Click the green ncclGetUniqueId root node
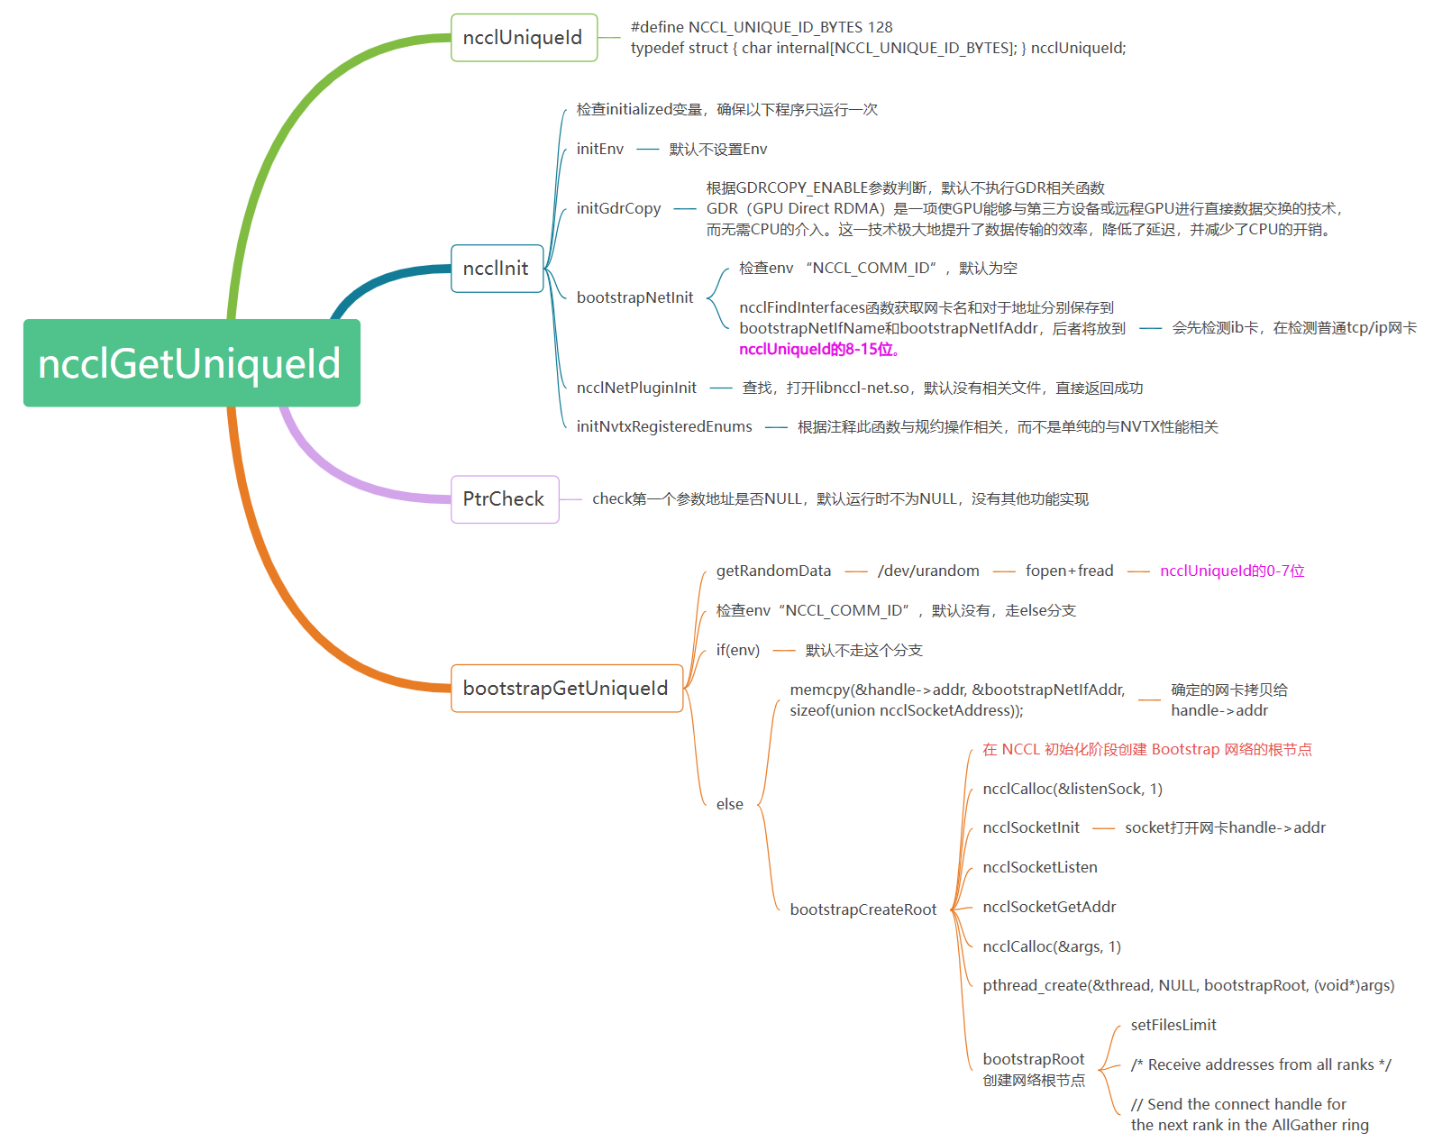pyautogui.click(x=191, y=363)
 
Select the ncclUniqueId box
pyautogui.click(x=523, y=38)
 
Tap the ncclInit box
pyautogui.click(x=496, y=269)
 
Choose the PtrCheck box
pyautogui.click(x=504, y=499)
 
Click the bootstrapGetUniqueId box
pyautogui.click(x=566, y=689)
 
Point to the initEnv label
pyautogui.click(x=600, y=149)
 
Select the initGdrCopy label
pyautogui.click(x=618, y=208)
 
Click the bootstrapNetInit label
pyautogui.click(x=634, y=297)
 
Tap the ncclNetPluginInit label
pyautogui.click(x=636, y=388)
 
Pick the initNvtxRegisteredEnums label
pyautogui.click(x=664, y=426)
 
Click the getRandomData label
pyautogui.click(x=773, y=571)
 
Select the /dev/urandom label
pyautogui.click(x=928, y=571)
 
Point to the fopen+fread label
pyautogui.click(x=1069, y=571)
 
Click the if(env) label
pyautogui.click(x=738, y=650)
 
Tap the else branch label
pyautogui.click(x=730, y=804)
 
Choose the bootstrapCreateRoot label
pyautogui.click(x=863, y=909)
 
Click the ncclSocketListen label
pyautogui.click(x=1040, y=867)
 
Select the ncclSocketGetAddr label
pyautogui.click(x=1049, y=907)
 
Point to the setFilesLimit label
pyautogui.click(x=1173, y=1025)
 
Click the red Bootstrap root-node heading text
pyautogui.click(x=1146, y=749)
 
